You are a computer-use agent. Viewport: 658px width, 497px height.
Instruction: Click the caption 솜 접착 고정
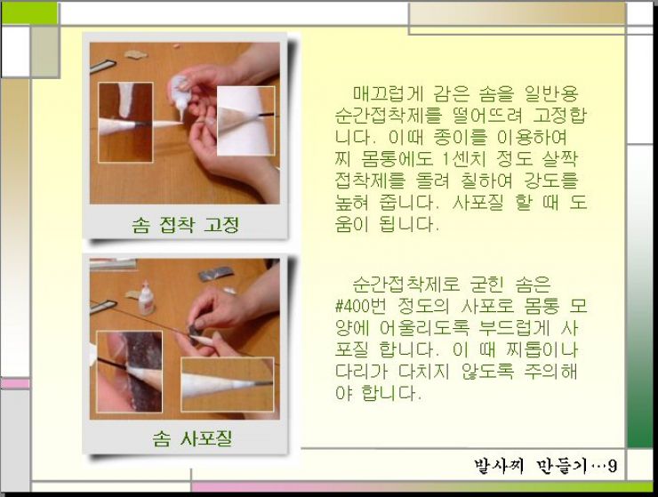tap(186, 225)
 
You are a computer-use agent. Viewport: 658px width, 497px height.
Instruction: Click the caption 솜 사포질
tap(192, 438)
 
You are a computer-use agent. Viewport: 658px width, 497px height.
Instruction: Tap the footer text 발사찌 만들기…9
tap(546, 466)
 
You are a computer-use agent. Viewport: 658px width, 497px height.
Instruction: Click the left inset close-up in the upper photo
tap(125, 122)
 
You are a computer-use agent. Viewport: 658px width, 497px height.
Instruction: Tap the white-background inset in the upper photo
tap(246, 121)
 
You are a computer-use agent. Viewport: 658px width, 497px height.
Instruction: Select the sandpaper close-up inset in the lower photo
tap(129, 372)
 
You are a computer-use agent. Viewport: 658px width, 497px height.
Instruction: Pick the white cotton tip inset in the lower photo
tap(227, 384)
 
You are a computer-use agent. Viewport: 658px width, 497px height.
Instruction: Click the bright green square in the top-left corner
tap(29, 13)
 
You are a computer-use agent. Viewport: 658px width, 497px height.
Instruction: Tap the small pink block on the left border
tap(15, 383)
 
